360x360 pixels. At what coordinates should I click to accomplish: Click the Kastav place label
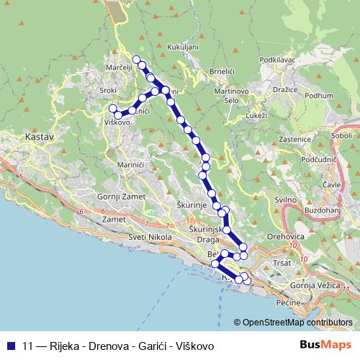(x=35, y=135)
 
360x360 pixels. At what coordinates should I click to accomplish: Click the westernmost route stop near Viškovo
(x=112, y=109)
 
